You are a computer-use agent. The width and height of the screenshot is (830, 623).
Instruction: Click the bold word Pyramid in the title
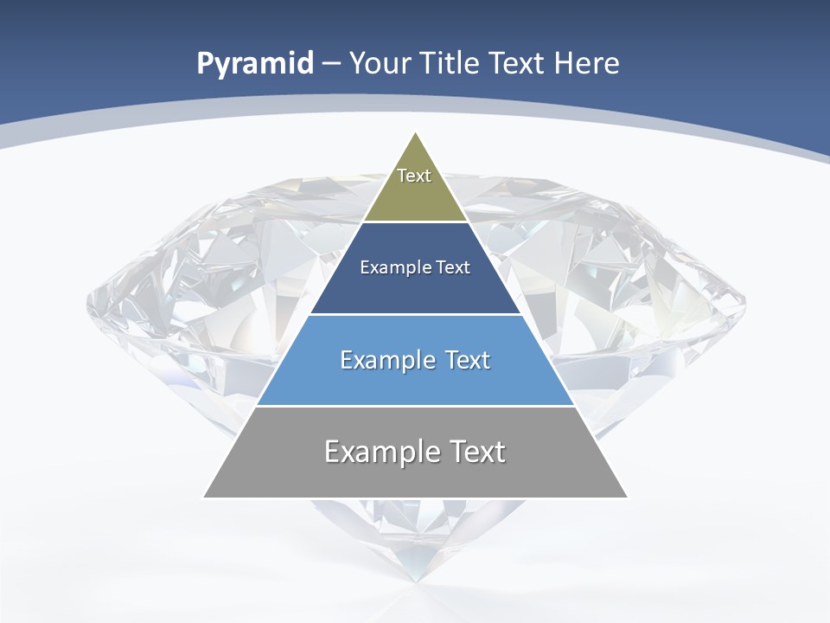(255, 64)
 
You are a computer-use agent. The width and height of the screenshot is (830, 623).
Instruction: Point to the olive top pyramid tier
(415, 195)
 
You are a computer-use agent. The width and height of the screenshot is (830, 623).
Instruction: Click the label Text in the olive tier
(414, 176)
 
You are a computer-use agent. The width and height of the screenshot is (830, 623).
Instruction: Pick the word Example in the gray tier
(383, 452)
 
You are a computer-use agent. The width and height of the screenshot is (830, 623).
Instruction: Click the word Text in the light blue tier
(468, 360)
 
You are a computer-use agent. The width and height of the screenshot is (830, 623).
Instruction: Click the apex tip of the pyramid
(416, 134)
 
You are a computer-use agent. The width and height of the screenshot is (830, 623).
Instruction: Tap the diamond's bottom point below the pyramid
(416, 578)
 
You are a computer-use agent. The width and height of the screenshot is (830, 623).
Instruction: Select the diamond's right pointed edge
(743, 302)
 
